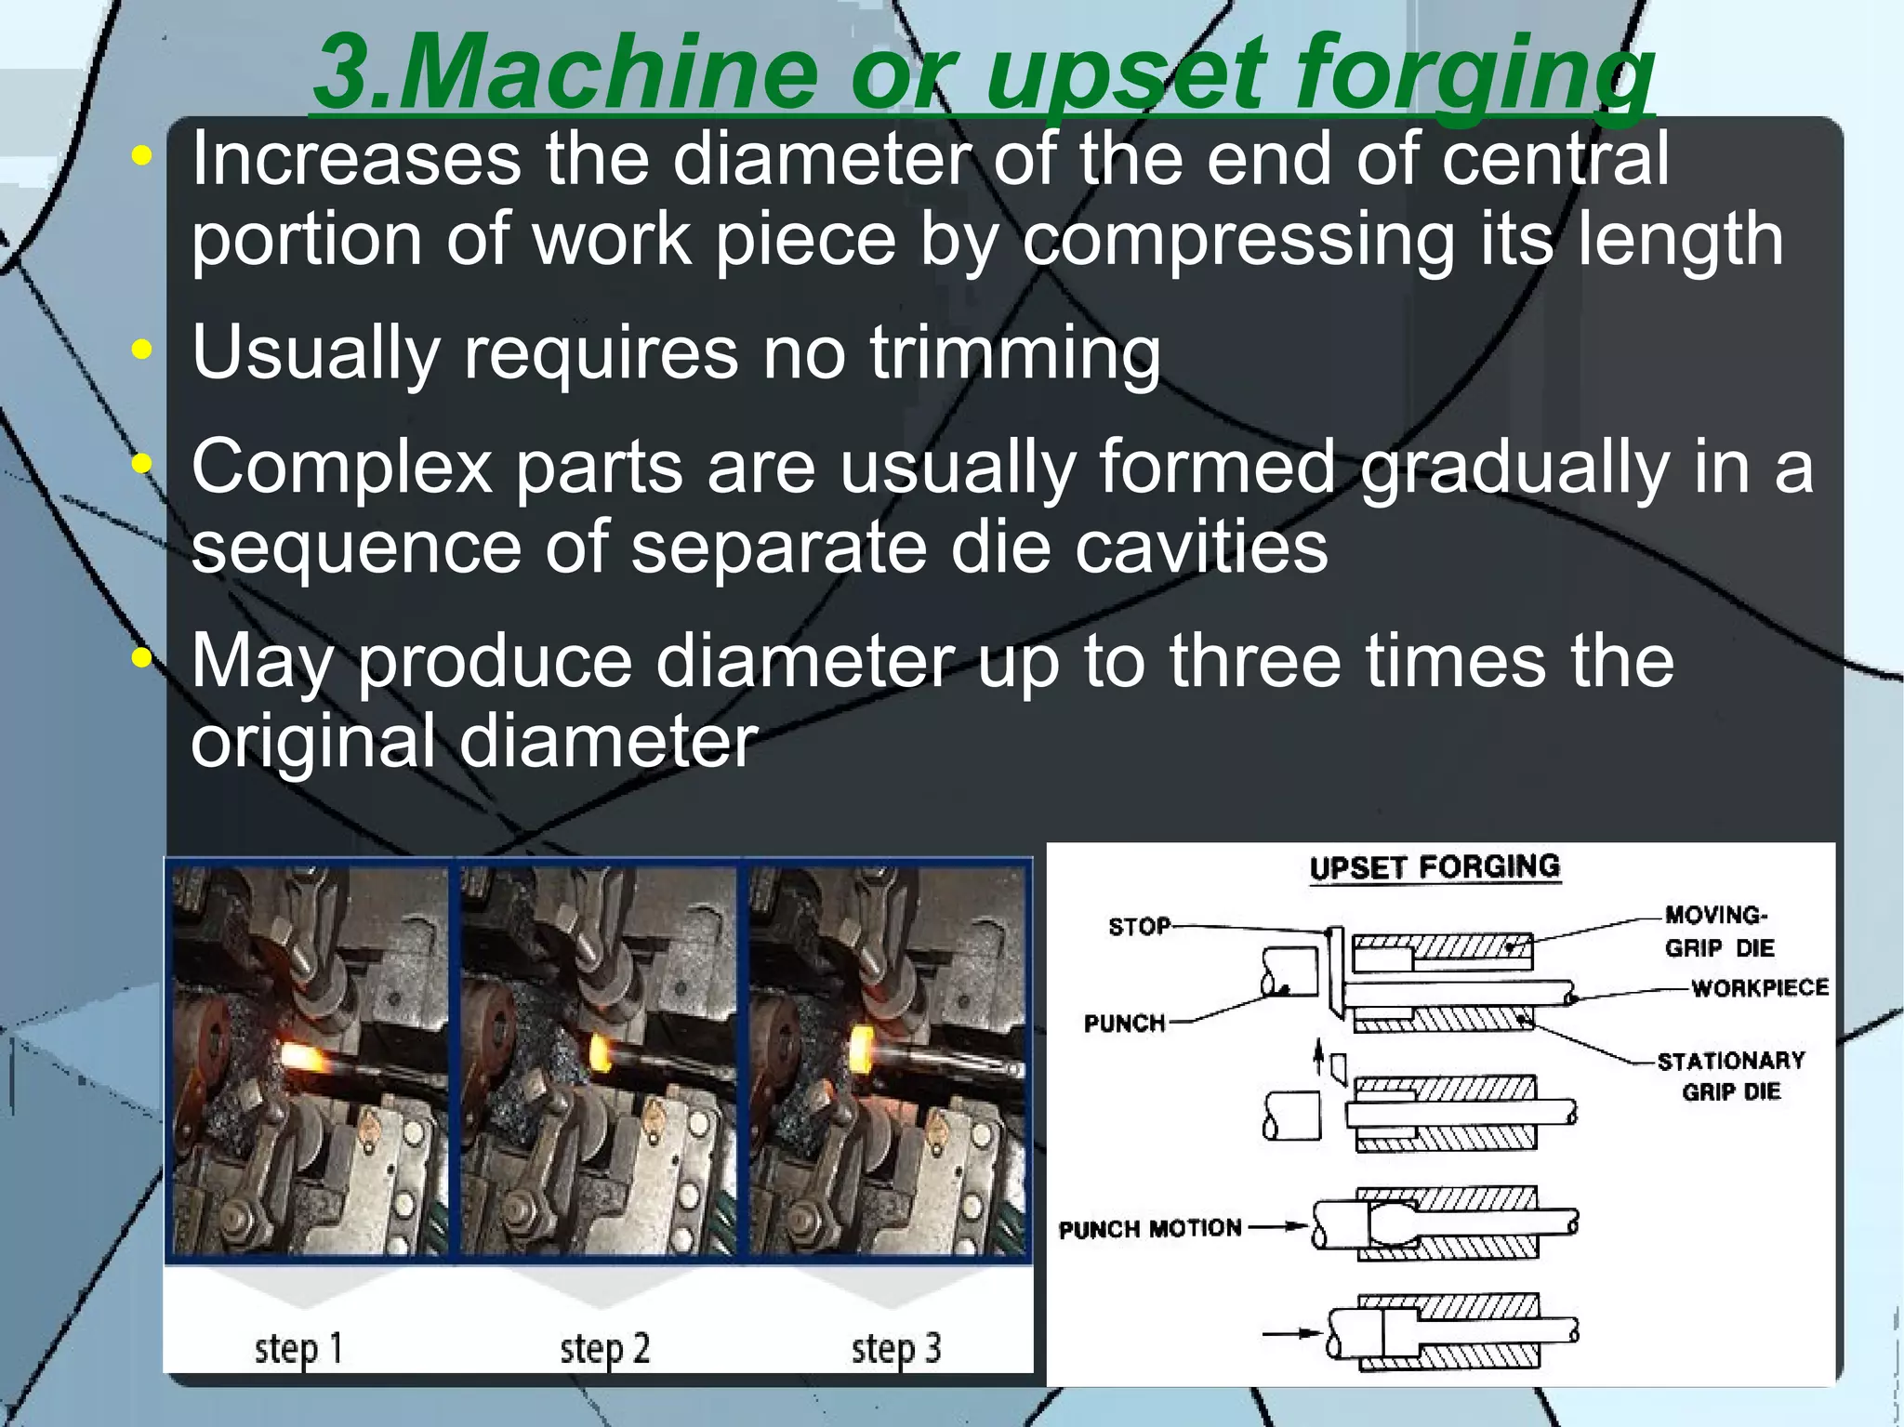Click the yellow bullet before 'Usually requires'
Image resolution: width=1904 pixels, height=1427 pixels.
point(141,350)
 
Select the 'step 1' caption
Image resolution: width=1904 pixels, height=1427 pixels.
point(298,1348)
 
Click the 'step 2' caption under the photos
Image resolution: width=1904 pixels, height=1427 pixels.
point(604,1348)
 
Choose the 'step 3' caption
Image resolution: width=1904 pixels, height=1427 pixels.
point(896,1348)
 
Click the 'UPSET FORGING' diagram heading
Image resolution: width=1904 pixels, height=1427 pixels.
point(1434,867)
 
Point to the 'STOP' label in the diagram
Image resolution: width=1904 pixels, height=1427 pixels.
point(1138,926)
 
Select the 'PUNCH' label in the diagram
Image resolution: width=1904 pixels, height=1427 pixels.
point(1124,1023)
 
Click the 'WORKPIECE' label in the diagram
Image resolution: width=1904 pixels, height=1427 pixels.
point(1759,987)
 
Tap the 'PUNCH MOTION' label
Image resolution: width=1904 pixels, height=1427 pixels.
point(1150,1229)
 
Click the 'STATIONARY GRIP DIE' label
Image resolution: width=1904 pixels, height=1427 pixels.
point(1731,1076)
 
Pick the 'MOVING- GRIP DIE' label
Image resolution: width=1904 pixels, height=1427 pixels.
point(1718,931)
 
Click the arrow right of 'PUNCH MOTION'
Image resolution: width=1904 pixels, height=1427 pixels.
point(1278,1226)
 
